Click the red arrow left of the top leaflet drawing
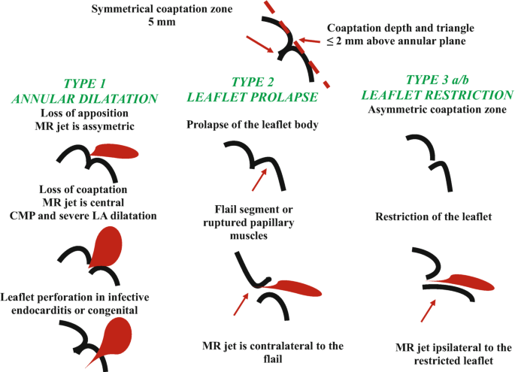click(x=263, y=47)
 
